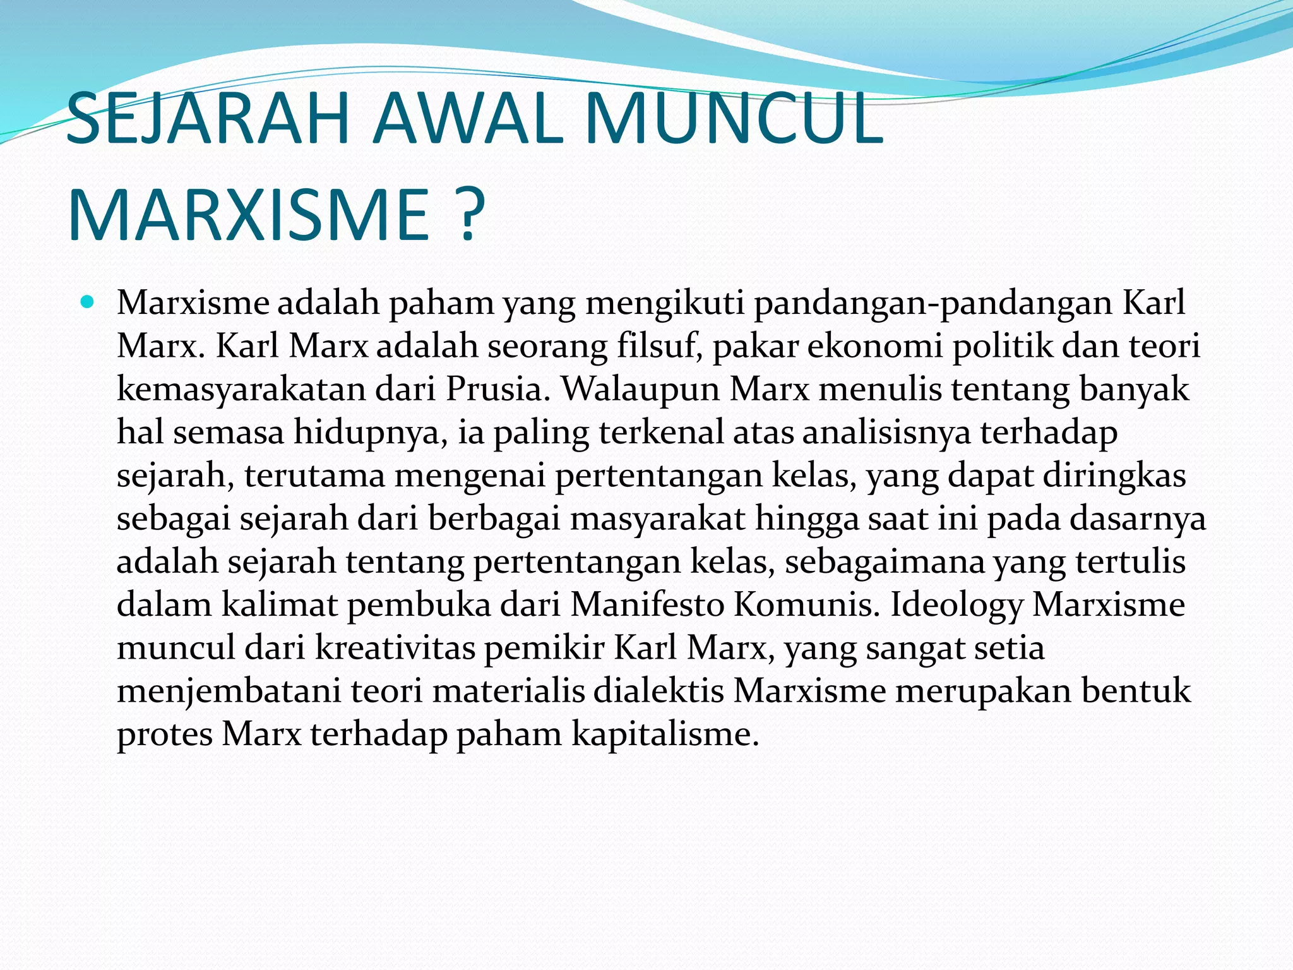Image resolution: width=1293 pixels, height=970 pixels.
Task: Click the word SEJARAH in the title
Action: click(x=208, y=119)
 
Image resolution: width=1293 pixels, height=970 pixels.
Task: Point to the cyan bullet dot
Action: click(x=87, y=301)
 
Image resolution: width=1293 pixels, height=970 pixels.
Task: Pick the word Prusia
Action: click(x=498, y=389)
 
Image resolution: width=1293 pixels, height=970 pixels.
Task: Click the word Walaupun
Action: click(x=641, y=389)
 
